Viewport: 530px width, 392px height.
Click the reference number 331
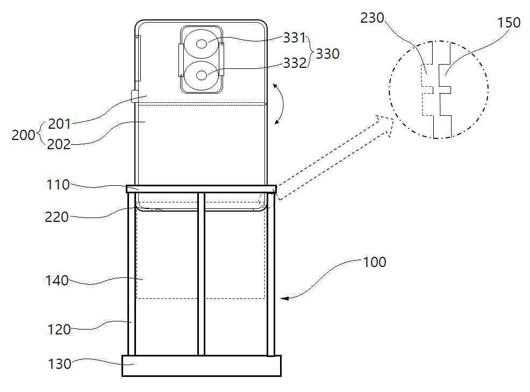point(295,38)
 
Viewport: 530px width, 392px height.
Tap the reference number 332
point(295,64)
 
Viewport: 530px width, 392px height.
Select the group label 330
point(327,54)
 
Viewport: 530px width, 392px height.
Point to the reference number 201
point(60,124)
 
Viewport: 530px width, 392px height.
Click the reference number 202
point(59,144)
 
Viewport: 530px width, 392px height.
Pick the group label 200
point(23,135)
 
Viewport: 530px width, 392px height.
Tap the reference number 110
point(58,185)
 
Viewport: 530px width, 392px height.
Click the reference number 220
point(57,217)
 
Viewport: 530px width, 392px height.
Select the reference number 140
point(57,281)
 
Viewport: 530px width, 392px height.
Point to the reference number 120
point(59,330)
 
